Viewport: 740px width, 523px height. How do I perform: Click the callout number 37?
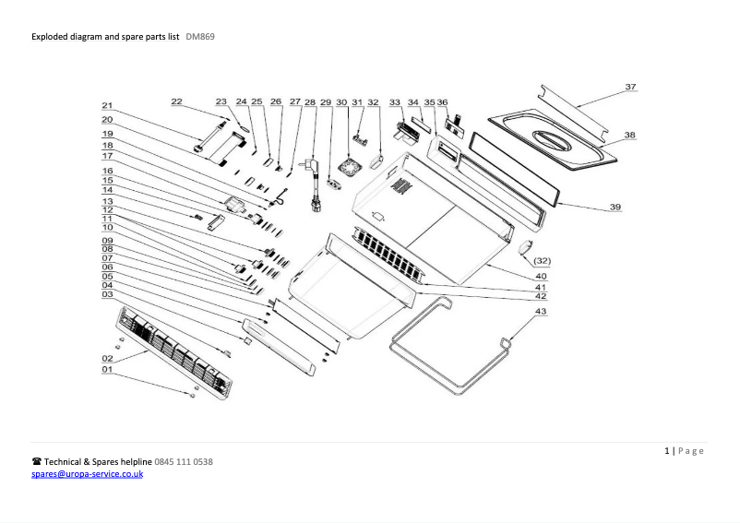click(x=630, y=87)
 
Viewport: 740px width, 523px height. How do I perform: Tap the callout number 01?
click(x=107, y=369)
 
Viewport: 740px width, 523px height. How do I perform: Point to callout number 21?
click(x=107, y=105)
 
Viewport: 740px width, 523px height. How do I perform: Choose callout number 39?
click(x=615, y=208)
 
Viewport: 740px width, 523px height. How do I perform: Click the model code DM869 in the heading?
click(x=200, y=37)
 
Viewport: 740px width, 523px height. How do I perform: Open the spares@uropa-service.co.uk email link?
click(x=88, y=473)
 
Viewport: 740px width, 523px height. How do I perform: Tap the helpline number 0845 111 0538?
click(x=184, y=461)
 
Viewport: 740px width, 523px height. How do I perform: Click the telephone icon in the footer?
click(x=37, y=461)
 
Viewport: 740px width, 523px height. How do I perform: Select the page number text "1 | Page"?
click(x=684, y=450)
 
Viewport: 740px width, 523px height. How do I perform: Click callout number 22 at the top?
click(x=176, y=101)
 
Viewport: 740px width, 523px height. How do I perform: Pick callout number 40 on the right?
click(x=542, y=276)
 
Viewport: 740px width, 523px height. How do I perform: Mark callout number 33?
click(x=395, y=101)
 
